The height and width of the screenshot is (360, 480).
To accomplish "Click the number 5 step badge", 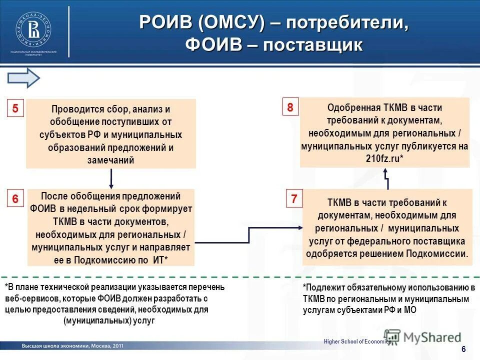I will pos(15,109).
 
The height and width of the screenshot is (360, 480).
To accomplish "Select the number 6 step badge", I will pos(15,198).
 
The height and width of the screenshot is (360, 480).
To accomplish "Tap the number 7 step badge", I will pos(294,198).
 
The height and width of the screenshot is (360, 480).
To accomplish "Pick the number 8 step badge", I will pos(290,107).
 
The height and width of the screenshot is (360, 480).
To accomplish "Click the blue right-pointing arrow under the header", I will pos(23,78).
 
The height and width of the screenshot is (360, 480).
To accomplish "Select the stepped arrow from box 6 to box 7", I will pos(248,235).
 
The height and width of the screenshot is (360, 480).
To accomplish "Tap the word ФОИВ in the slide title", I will pos(214,45).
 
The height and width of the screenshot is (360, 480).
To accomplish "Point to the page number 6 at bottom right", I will pos(463,349).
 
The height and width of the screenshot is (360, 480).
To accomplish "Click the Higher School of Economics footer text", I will pos(356,341).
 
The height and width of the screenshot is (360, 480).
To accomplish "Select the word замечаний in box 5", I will pos(111,160).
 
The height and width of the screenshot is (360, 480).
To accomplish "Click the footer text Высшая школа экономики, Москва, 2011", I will pos(72,346).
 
